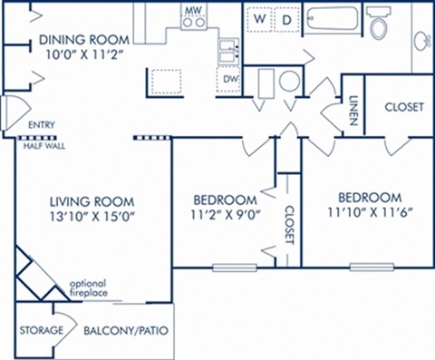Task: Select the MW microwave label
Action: pyautogui.click(x=192, y=11)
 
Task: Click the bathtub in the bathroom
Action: pyautogui.click(x=333, y=21)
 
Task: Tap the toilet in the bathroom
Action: pyautogui.click(x=379, y=24)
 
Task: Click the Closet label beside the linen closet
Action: pyautogui.click(x=403, y=107)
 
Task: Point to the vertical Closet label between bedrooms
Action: pyautogui.click(x=289, y=224)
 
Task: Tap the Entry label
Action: pyautogui.click(x=41, y=125)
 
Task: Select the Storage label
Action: pyautogui.click(x=42, y=330)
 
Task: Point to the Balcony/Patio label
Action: pyautogui.click(x=127, y=330)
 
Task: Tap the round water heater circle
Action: pyautogui.click(x=289, y=82)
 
